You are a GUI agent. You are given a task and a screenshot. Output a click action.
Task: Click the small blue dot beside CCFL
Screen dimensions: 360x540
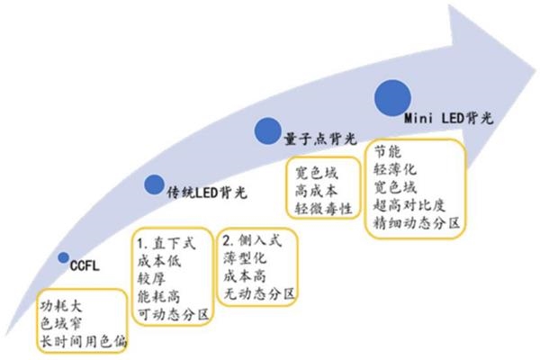[x=63, y=257]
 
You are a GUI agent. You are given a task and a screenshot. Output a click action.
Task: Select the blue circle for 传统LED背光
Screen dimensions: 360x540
[x=156, y=184]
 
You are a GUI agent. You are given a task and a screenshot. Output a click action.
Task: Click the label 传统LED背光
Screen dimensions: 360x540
[x=206, y=191]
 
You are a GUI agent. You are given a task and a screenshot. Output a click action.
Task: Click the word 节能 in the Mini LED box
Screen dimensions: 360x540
[x=387, y=150]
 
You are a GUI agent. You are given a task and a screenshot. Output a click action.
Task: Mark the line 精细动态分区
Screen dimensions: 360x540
[x=416, y=221]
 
